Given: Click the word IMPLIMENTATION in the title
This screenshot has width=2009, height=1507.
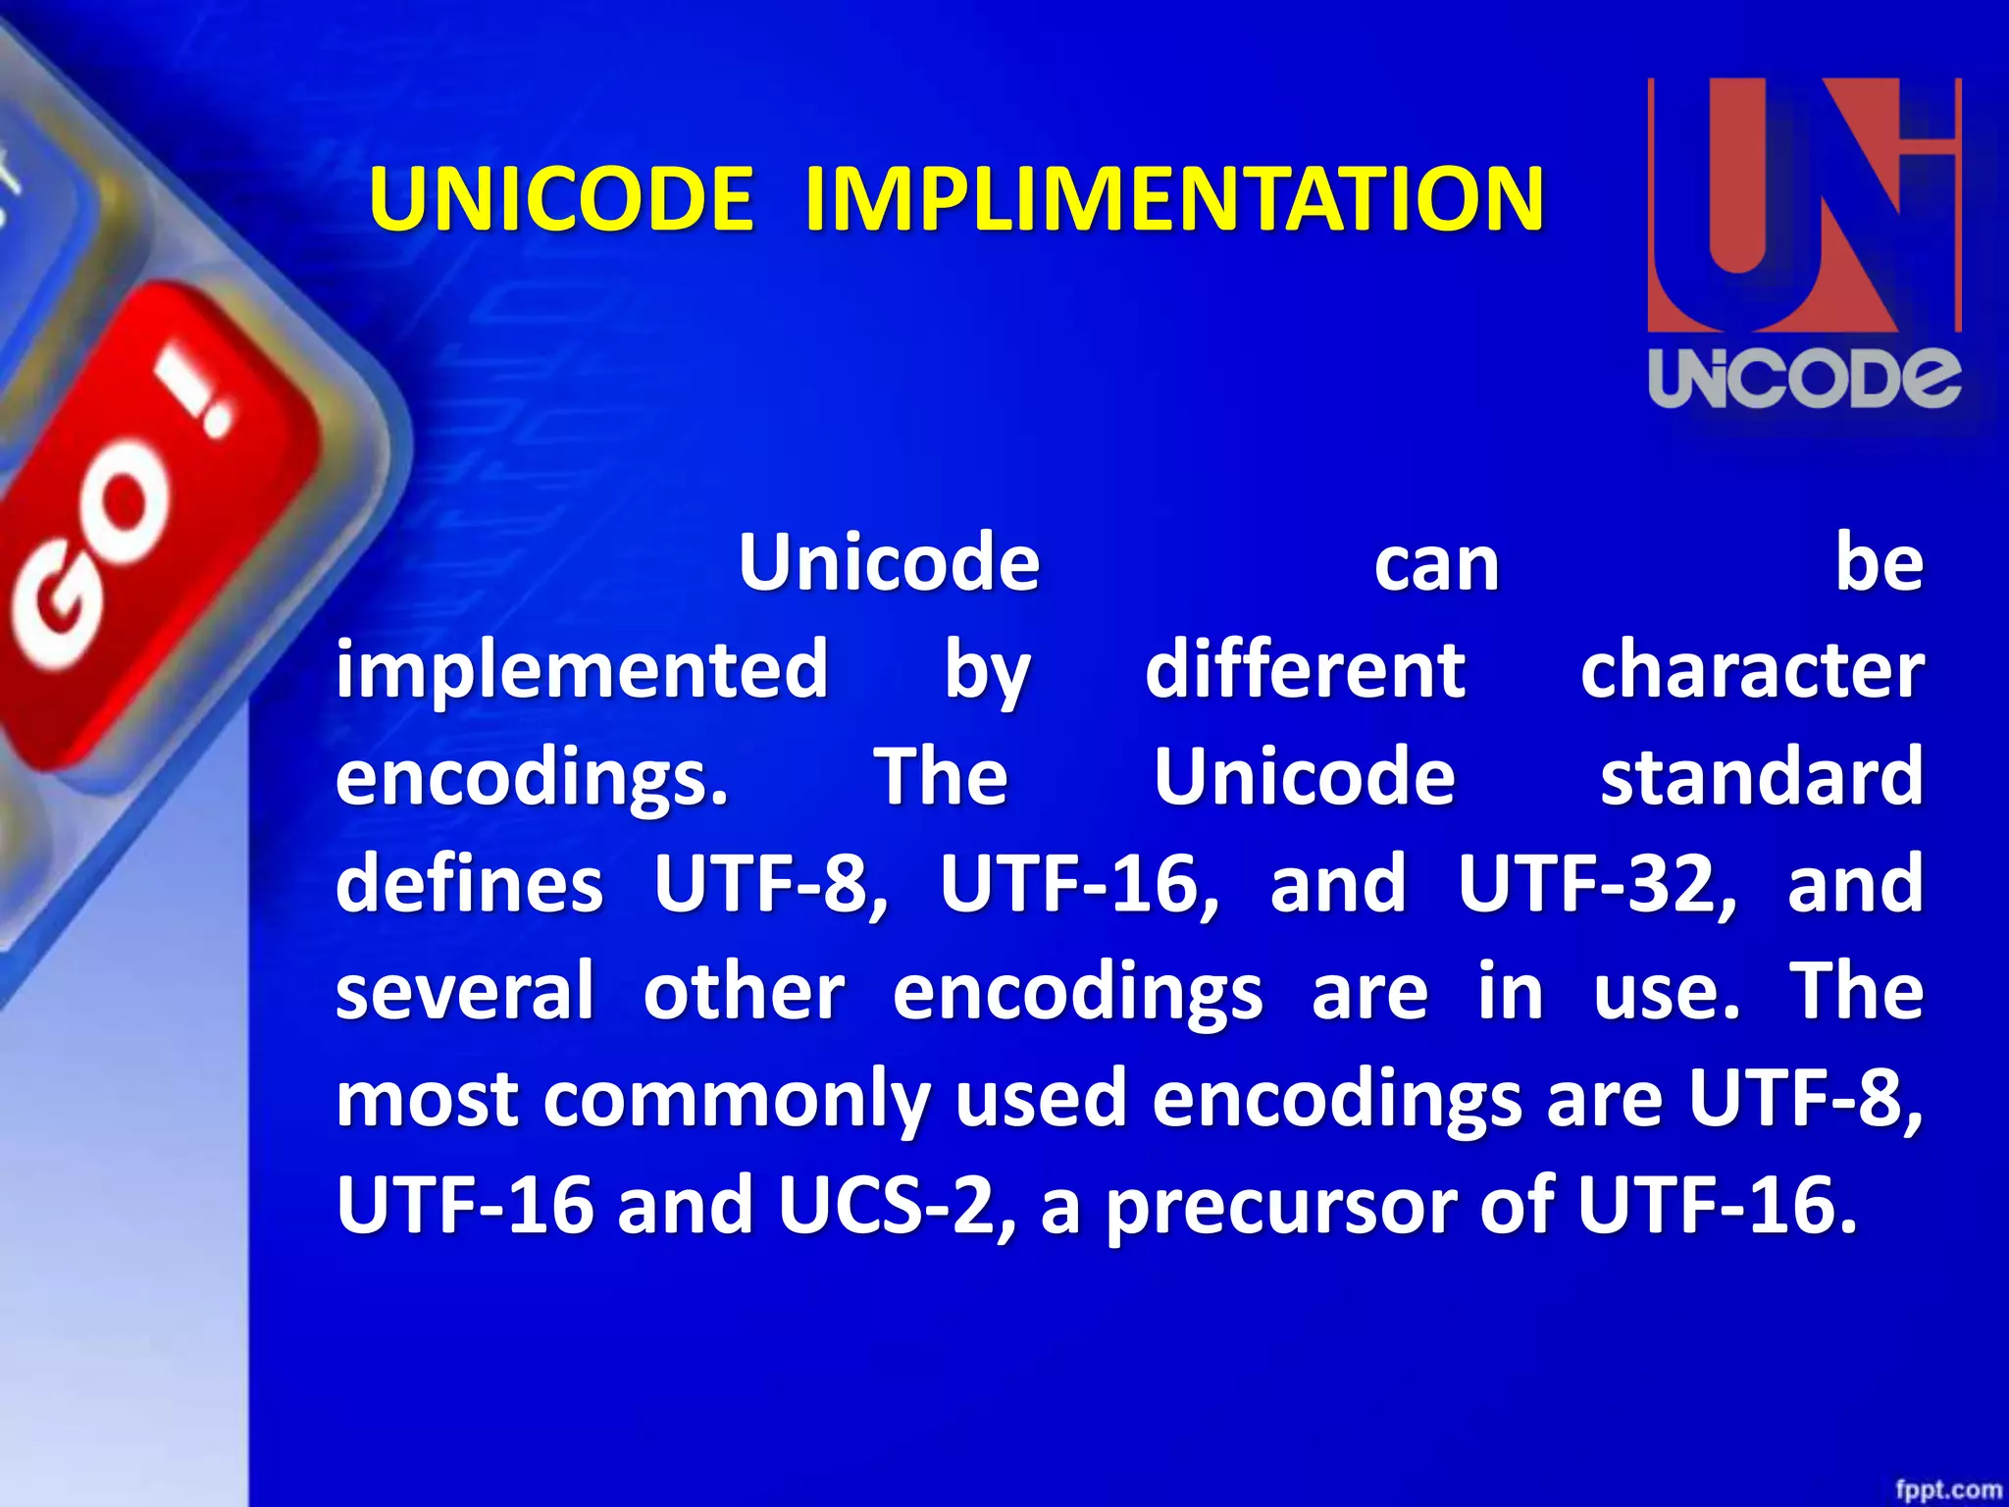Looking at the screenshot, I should pos(1173,199).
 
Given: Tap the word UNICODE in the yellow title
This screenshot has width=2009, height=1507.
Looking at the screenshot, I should pos(561,199).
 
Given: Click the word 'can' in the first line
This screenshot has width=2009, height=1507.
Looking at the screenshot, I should pos(1436,564).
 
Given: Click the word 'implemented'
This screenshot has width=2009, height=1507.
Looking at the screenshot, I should pos(582,670).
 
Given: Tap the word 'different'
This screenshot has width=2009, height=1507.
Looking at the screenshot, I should pos(1305,670).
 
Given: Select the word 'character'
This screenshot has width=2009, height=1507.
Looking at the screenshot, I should pos(1752,670).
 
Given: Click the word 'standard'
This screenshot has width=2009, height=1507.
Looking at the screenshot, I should pos(1762,776).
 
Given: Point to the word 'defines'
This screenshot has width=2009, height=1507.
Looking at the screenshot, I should pos(469,883).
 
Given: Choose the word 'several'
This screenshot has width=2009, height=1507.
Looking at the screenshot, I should pos(465,991).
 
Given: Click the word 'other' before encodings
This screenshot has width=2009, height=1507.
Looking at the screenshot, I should pos(744,991).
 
